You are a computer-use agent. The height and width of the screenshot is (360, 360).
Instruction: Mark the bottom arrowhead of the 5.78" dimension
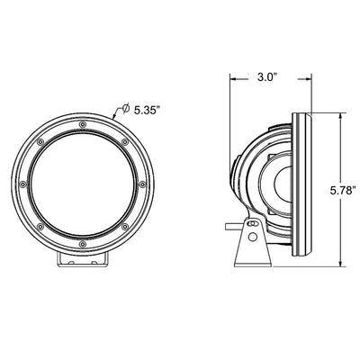click(x=340, y=266)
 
